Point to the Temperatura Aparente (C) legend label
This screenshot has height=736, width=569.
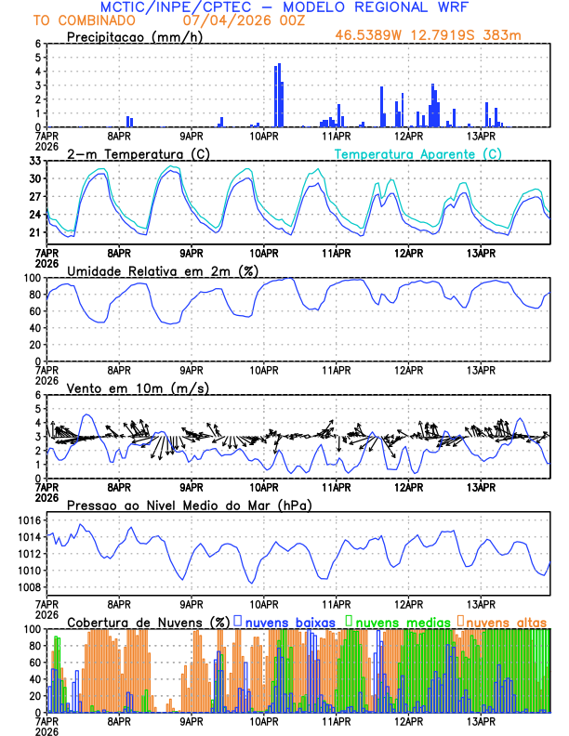(x=417, y=153)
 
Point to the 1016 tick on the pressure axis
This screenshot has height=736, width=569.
(x=28, y=520)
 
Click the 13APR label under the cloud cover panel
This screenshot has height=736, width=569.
(x=482, y=720)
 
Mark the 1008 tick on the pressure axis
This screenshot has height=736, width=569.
(x=28, y=587)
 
